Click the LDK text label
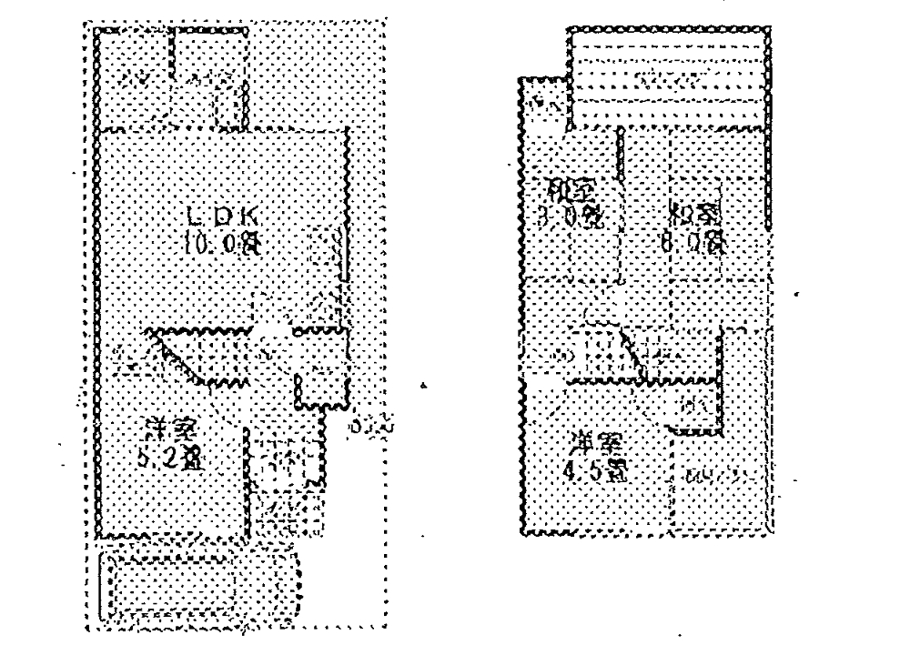point(223,217)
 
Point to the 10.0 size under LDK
point(223,242)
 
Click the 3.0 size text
point(570,217)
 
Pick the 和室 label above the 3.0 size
point(570,192)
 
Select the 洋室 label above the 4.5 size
point(596,445)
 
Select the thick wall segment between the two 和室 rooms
point(620,205)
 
